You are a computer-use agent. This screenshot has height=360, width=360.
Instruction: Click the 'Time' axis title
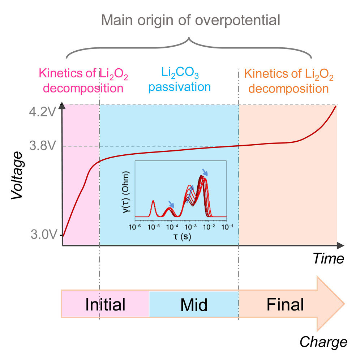[328, 259]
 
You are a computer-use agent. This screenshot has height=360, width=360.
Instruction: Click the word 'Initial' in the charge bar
[105, 305]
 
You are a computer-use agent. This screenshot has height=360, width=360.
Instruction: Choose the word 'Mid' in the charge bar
[194, 305]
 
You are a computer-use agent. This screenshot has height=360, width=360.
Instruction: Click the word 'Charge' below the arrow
[323, 342]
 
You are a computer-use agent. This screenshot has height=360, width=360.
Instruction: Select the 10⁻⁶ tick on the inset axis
[135, 227]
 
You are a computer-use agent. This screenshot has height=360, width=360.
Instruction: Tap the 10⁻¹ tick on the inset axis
[227, 227]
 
